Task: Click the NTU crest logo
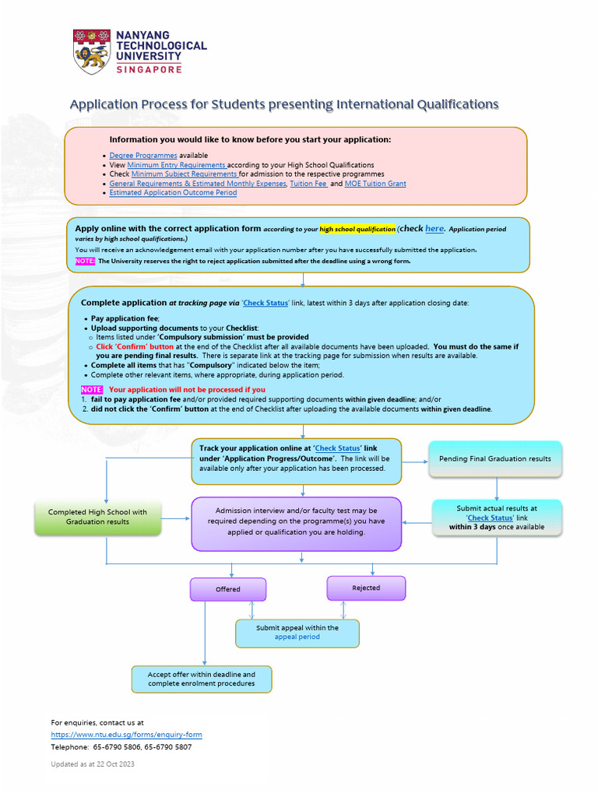click(x=92, y=51)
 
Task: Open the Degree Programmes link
click(x=143, y=156)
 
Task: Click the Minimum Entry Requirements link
click(x=177, y=165)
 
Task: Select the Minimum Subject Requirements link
click(x=184, y=174)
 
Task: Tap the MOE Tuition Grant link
click(x=375, y=184)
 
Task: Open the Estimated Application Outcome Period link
click(x=173, y=192)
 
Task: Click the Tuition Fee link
click(x=308, y=184)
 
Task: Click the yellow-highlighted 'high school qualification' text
click(x=357, y=230)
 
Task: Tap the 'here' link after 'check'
click(x=434, y=229)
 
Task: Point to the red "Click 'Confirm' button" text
click(x=135, y=346)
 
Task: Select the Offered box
click(x=228, y=589)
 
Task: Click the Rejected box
click(x=366, y=588)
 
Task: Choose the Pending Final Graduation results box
click(x=494, y=458)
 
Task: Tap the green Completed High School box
click(x=97, y=517)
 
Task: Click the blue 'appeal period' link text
click(x=297, y=637)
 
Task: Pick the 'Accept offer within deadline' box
click(x=202, y=679)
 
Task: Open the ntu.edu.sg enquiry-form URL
click(x=126, y=735)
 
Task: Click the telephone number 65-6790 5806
click(x=118, y=747)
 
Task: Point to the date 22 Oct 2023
click(x=114, y=764)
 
